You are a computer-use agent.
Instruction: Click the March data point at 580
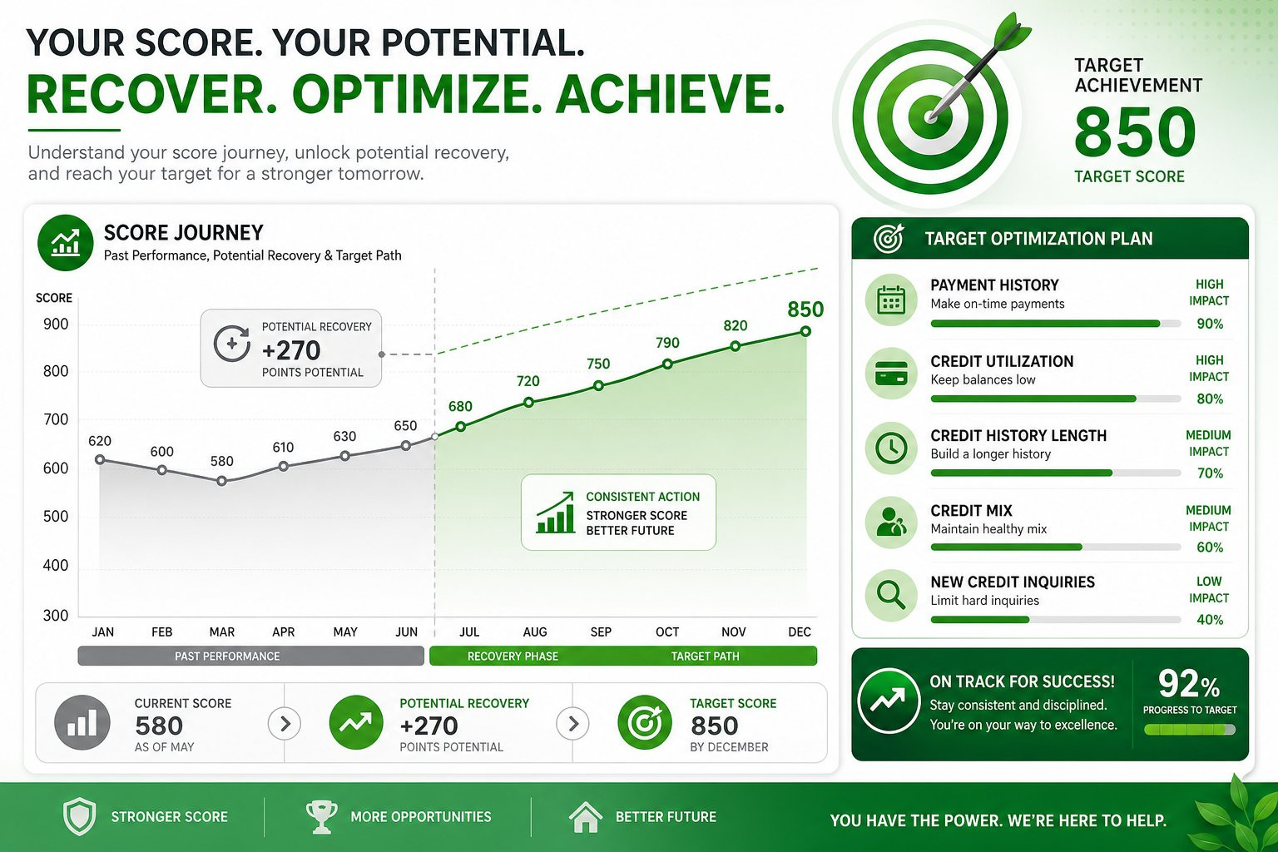(222, 481)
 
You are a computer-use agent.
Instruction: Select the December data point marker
(805, 331)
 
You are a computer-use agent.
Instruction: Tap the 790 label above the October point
(667, 343)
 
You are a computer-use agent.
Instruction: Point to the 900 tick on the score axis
(56, 324)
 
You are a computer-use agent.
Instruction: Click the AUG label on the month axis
(535, 632)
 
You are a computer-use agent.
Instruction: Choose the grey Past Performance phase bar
(250, 656)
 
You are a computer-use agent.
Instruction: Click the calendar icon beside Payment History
(890, 300)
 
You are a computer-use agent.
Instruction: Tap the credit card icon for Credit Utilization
(890, 374)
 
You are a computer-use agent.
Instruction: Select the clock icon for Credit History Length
(890, 448)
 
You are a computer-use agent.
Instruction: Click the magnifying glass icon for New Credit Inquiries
(890, 596)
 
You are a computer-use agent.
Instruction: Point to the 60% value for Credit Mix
(1210, 547)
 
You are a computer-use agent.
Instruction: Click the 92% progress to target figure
(1189, 684)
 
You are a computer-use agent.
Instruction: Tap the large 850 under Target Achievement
(1134, 132)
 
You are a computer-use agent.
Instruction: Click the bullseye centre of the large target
(931, 117)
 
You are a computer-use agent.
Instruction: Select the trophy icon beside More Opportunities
(321, 817)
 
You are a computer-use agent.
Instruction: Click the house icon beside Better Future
(586, 817)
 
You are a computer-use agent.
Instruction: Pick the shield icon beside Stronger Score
(79, 816)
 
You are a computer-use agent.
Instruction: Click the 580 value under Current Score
(159, 726)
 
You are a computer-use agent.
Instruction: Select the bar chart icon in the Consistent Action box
(555, 513)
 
